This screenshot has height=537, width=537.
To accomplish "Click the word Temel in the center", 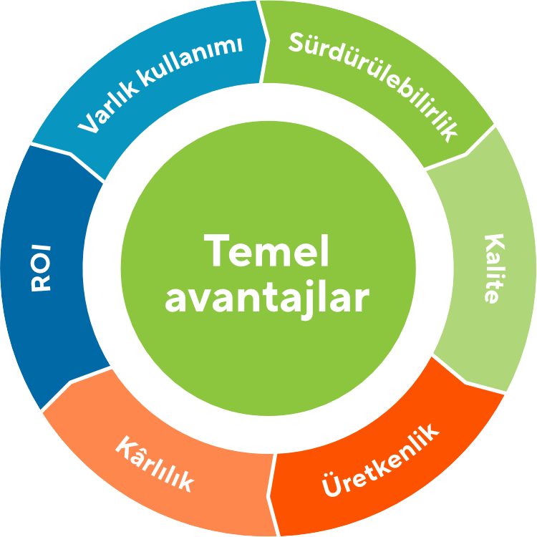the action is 266,251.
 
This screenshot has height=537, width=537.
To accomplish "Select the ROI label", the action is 41,268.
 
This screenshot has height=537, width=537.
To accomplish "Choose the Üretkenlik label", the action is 380,460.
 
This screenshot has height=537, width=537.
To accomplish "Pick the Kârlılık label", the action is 155,464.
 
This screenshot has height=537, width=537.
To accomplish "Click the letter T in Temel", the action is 216,251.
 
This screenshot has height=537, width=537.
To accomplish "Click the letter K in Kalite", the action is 495,243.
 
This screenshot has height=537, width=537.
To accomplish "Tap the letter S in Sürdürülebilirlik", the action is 296,42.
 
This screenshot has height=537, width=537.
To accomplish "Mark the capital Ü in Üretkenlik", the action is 332,484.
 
